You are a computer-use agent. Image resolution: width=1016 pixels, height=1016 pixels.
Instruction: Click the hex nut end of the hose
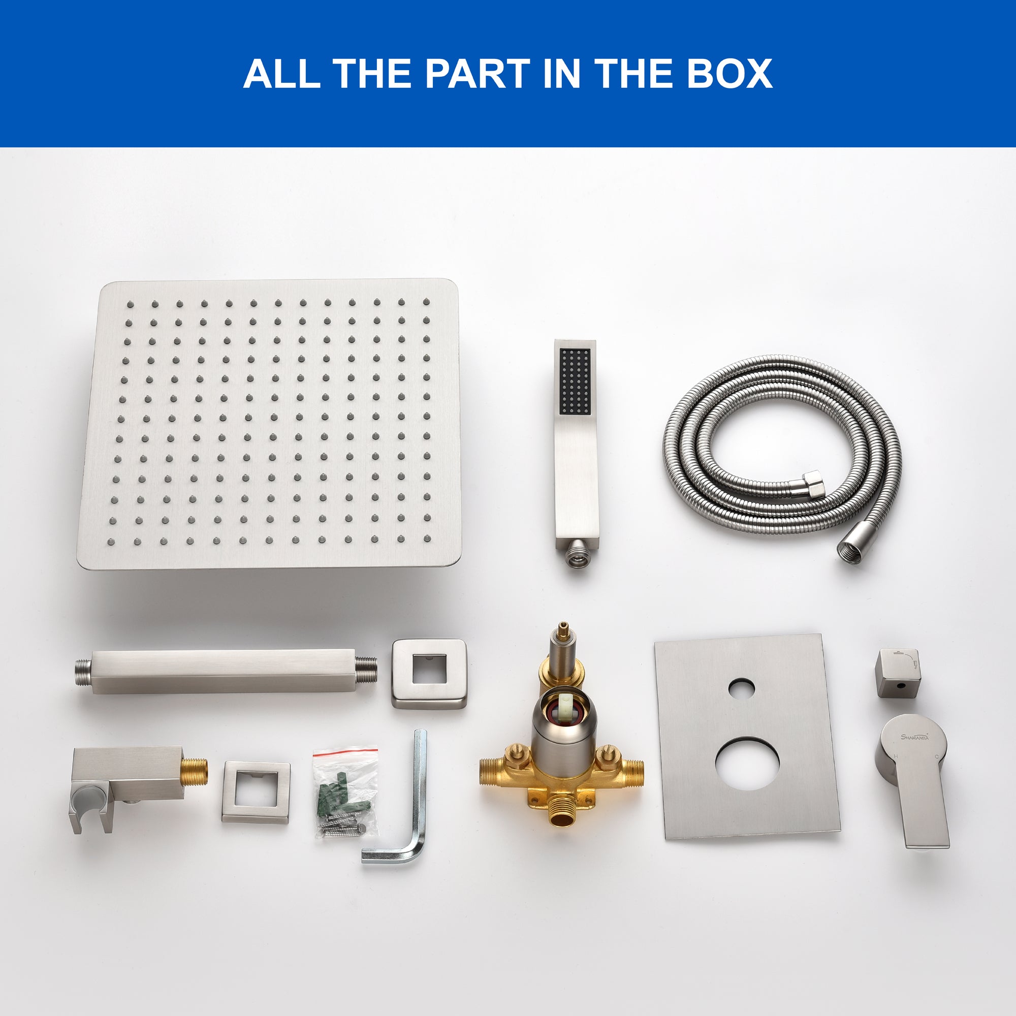pyautogui.click(x=813, y=484)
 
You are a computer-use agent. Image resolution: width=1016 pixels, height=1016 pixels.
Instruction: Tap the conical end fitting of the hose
pyautogui.click(x=852, y=548)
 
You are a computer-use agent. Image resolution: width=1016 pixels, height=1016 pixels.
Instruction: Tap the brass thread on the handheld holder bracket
pyautogui.click(x=195, y=771)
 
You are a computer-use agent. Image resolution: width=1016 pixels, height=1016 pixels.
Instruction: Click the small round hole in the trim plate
pyautogui.click(x=742, y=688)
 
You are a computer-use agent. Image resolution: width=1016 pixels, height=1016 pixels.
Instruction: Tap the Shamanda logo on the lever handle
pyautogui.click(x=915, y=737)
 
